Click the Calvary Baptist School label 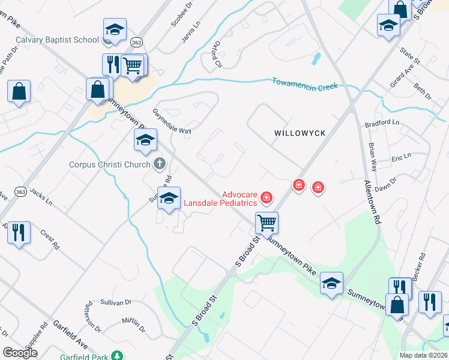57,40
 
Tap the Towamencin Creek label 305,84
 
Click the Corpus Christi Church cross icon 160,163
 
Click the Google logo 20,353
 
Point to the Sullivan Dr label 116,303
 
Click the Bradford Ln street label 382,122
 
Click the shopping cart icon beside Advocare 267,223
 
